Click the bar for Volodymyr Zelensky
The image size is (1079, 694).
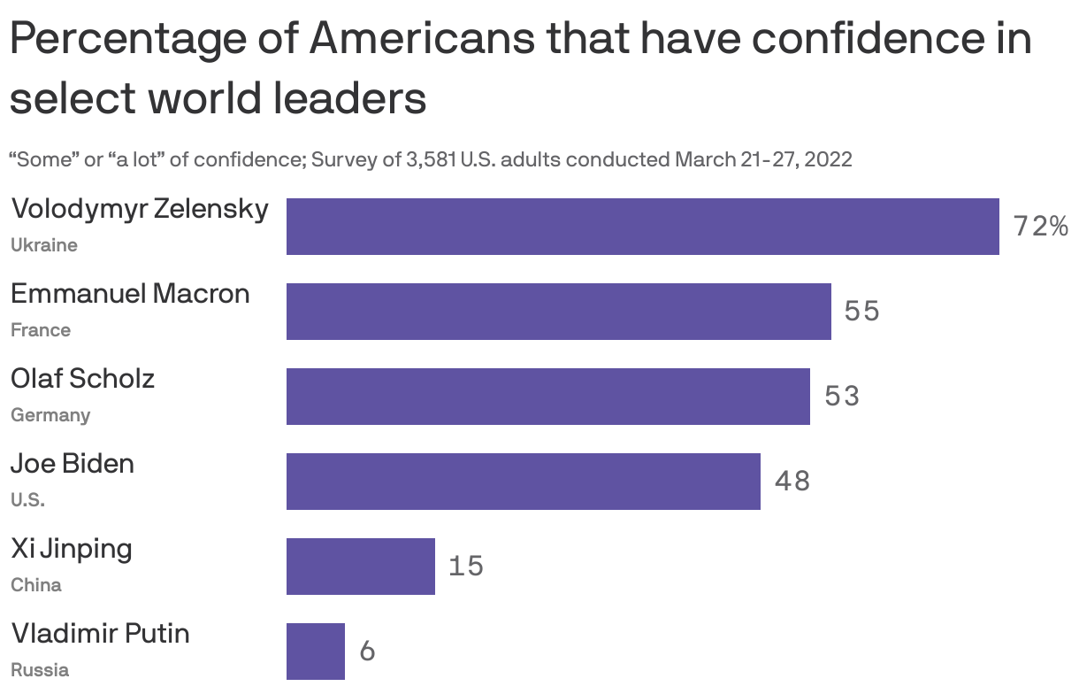pos(642,227)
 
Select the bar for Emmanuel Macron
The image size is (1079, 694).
pos(558,312)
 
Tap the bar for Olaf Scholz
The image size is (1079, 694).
pos(547,397)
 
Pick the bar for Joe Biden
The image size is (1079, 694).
pos(523,482)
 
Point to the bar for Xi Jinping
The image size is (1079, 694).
pos(360,567)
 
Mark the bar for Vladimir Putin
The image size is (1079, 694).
pos(315,651)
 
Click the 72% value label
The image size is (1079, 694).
pos(1040,227)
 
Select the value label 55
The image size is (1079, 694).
pos(861,312)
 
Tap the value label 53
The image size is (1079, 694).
pos(841,397)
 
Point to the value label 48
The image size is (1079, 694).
pos(792,482)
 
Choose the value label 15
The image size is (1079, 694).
pos(465,567)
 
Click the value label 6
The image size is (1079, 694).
pos(367,652)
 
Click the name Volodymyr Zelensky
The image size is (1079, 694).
pos(140,211)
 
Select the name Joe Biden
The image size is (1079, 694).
pos(73,464)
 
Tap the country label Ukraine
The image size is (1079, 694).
pos(44,245)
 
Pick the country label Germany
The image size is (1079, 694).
pos(50,415)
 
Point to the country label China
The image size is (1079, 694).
pos(36,585)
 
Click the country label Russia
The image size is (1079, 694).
pos(40,669)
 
